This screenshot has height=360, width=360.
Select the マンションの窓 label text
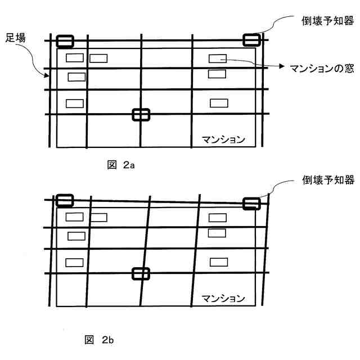(x=318, y=67)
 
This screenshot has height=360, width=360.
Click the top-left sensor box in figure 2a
(x=65, y=41)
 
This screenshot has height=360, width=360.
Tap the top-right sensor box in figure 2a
(x=251, y=40)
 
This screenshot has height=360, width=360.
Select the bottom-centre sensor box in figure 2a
(x=141, y=114)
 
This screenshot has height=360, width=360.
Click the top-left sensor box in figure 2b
(x=65, y=200)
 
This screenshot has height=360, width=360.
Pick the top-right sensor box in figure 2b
(x=251, y=203)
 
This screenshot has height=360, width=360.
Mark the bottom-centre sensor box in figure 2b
(x=141, y=273)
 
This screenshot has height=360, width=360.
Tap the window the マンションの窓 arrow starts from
(x=218, y=58)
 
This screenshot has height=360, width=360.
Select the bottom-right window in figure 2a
(x=219, y=102)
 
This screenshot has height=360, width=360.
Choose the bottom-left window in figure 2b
(x=74, y=262)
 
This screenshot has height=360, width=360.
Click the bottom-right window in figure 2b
(x=219, y=262)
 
